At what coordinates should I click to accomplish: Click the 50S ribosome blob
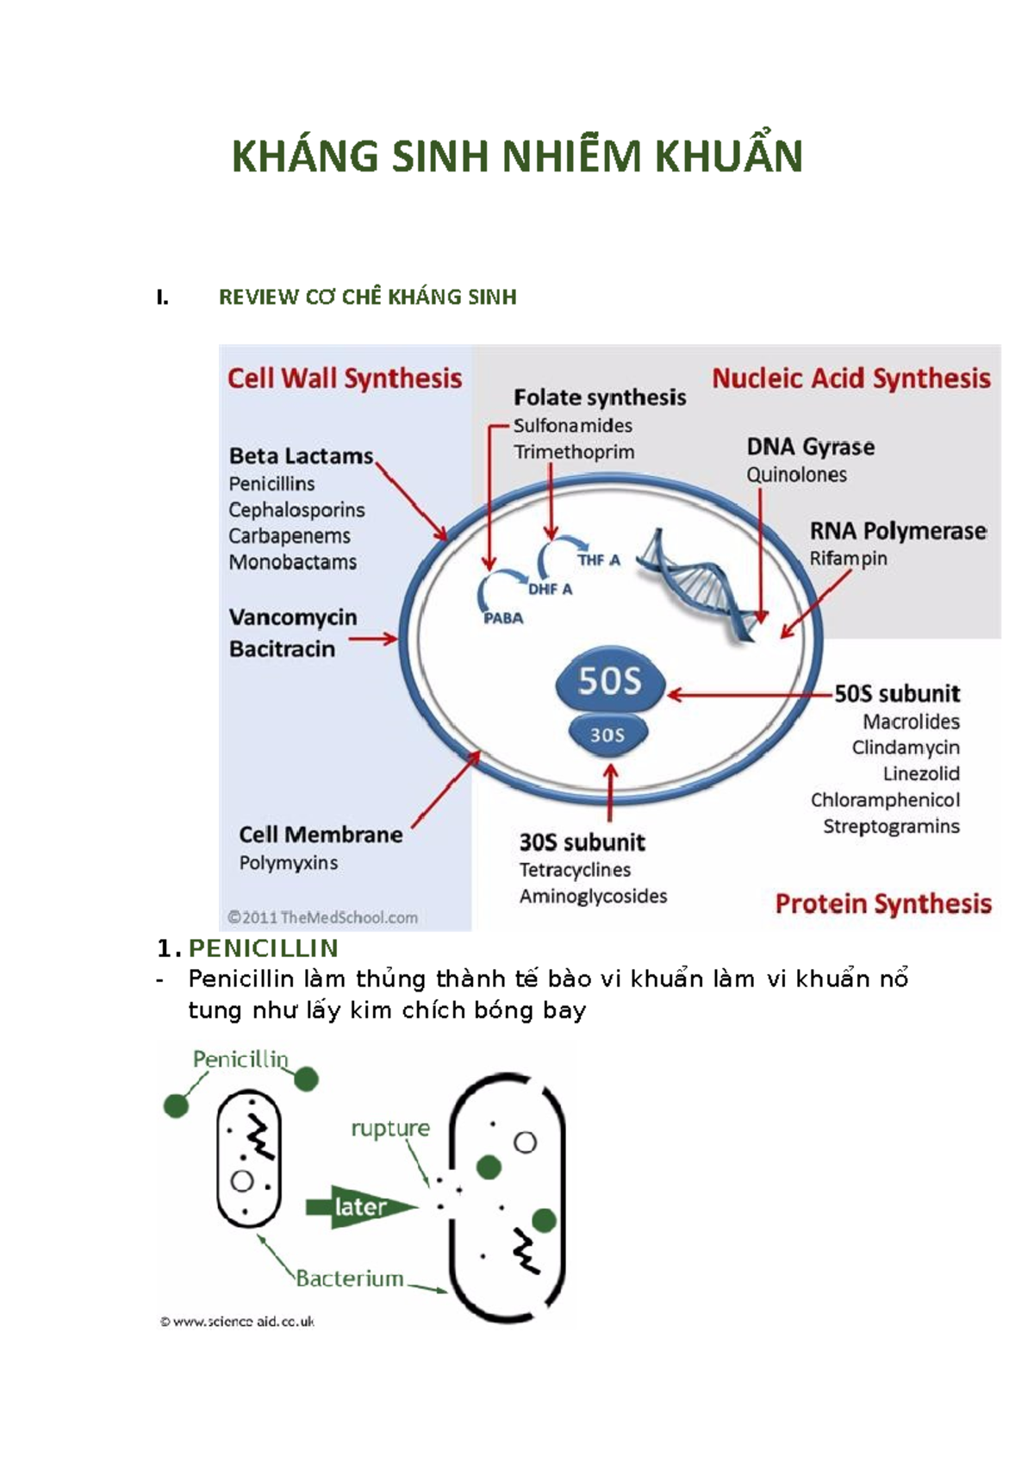[610, 681]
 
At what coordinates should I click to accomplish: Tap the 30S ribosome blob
[607, 735]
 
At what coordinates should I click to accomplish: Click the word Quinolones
[796, 475]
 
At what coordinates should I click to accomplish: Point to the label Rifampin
[848, 559]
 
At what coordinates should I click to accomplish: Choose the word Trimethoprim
[574, 452]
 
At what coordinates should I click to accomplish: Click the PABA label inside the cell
[503, 618]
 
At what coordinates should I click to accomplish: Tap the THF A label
[599, 560]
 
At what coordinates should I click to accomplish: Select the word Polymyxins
[289, 863]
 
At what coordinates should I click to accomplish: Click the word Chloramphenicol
[885, 800]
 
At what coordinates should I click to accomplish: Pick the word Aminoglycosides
[593, 897]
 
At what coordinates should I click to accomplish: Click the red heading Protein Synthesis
[883, 904]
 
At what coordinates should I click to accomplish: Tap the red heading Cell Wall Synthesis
[345, 379]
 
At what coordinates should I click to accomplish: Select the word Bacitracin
[283, 649]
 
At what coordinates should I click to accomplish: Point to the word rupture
[389, 1129]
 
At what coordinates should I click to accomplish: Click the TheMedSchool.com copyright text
[322, 917]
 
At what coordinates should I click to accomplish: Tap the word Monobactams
[293, 562]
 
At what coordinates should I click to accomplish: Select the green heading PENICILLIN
[263, 948]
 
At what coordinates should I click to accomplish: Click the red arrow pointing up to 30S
[610, 791]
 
